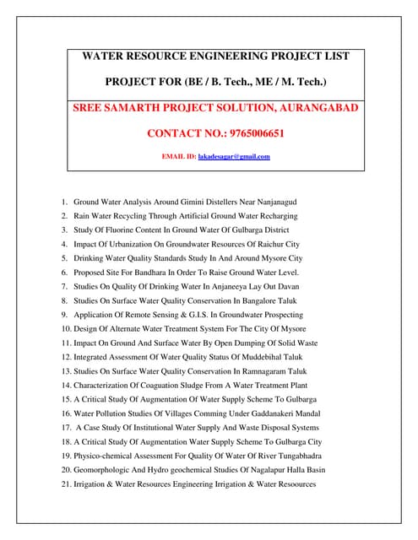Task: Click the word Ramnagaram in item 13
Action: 261,371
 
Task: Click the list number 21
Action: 65,483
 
